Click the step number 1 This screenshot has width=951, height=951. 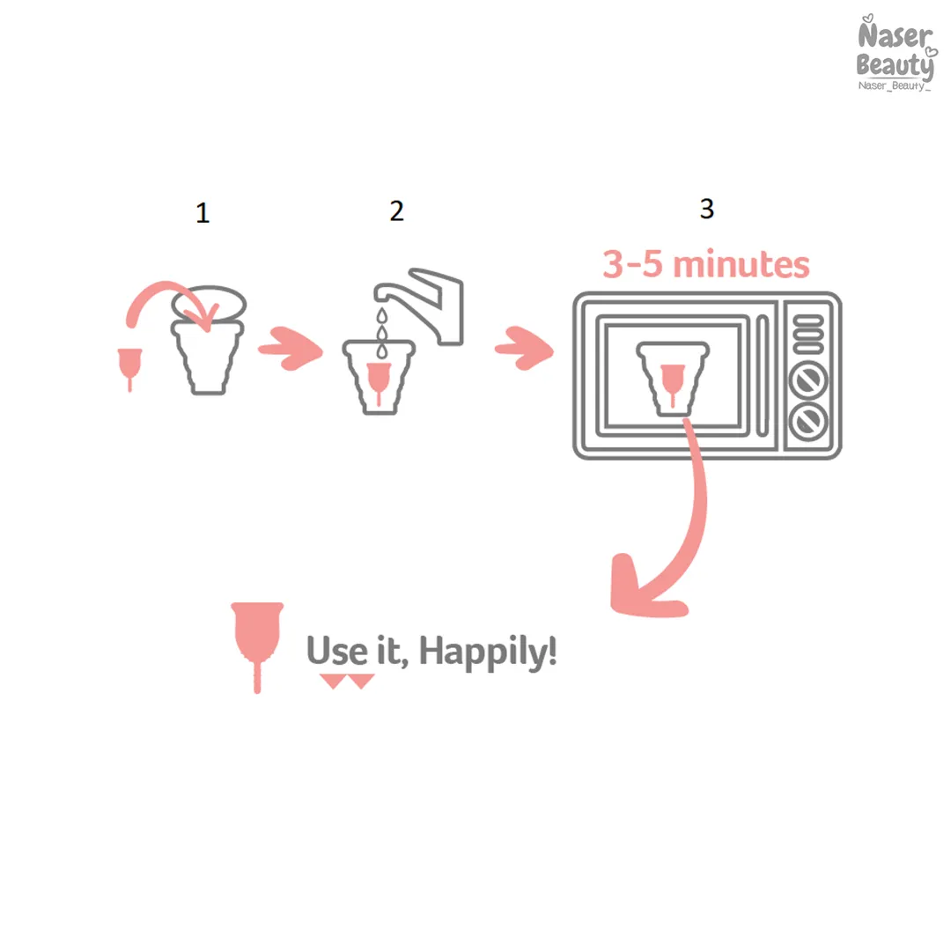pos(203,213)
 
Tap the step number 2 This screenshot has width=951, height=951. pos(396,211)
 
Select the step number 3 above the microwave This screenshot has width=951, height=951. pos(706,209)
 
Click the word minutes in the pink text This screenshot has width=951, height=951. pos(741,264)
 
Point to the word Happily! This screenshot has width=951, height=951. pos(488,652)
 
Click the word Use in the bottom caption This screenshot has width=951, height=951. pos(337,650)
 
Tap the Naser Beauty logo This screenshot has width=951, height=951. pos(896,53)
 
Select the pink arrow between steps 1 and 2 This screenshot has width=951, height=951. pos(291,348)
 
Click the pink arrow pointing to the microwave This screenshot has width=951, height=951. pos(525,348)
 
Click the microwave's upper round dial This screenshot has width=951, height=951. pos(807,380)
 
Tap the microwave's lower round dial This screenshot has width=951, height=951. pos(807,421)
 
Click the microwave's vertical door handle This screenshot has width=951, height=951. pos(763,376)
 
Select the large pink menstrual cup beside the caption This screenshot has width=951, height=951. pos(257,646)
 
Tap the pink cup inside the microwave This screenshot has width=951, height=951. pos(672,382)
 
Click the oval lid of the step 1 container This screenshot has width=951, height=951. pos(209,303)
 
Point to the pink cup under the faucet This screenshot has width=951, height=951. pos(379,381)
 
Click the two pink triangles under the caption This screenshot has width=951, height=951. pos(347,681)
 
